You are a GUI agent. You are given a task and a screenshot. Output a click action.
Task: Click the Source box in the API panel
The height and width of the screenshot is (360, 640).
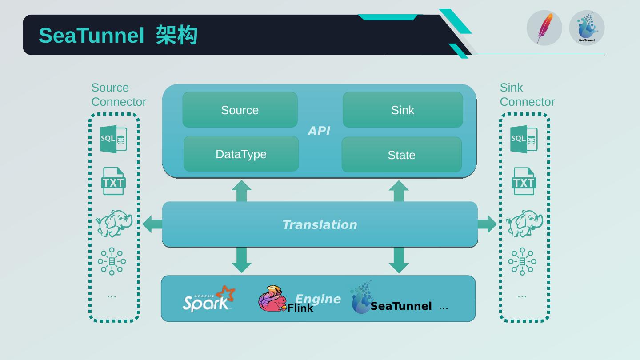click(240, 110)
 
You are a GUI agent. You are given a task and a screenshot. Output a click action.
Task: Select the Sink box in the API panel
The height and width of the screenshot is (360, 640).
click(403, 110)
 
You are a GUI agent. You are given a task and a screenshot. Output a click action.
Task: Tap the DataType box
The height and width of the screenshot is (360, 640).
click(241, 154)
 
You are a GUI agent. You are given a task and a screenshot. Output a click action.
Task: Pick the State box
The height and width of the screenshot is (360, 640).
click(401, 155)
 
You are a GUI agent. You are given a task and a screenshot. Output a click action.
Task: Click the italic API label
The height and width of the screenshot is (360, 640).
click(319, 131)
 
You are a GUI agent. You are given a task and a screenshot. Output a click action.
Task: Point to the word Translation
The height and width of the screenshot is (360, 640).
click(320, 225)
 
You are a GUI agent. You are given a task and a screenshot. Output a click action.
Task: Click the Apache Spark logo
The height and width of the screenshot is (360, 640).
click(208, 299)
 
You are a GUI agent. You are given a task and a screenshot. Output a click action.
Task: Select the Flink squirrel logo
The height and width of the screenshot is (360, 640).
click(272, 299)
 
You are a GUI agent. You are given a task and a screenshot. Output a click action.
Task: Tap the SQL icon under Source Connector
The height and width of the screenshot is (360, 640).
click(113, 139)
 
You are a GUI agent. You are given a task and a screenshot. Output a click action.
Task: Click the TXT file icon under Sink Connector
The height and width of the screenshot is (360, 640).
click(524, 181)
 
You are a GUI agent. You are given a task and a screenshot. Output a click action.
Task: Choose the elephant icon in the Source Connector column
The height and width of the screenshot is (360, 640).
click(114, 223)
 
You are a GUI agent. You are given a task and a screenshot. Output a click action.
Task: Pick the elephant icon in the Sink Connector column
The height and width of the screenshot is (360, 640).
click(524, 223)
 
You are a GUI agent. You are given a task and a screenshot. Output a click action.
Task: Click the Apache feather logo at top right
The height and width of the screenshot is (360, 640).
click(544, 28)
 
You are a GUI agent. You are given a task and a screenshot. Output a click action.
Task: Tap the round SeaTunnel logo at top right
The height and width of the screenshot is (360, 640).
click(587, 28)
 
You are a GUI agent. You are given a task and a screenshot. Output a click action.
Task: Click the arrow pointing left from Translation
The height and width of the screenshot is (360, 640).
click(152, 224)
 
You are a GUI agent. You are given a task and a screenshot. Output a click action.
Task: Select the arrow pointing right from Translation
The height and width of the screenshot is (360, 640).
click(488, 224)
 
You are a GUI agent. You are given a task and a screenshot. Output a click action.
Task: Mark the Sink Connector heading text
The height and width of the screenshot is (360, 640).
click(527, 95)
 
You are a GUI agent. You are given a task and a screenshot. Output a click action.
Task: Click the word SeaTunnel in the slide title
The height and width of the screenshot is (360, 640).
click(92, 36)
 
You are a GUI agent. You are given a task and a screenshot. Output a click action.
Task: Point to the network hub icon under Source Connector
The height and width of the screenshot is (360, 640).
click(112, 261)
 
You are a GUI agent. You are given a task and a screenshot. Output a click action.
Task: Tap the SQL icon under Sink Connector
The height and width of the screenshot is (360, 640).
click(524, 139)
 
